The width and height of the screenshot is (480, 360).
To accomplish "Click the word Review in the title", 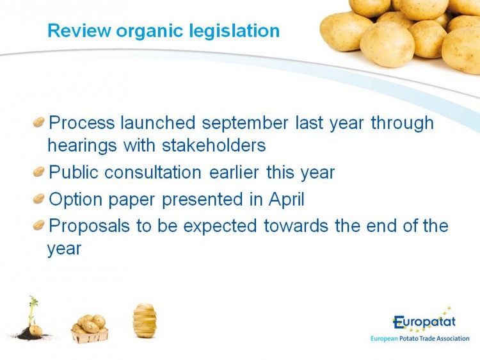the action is (79, 31).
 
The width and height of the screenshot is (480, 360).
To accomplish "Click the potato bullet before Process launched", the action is (39, 122).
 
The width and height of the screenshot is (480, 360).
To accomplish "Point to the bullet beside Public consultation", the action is (39, 171).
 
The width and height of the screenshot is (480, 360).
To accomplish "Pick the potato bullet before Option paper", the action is (39, 199).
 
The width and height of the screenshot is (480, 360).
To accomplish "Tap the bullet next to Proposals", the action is (39, 225).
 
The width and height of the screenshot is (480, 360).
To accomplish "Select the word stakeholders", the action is (214, 145).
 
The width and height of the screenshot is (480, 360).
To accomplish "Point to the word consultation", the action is (153, 172).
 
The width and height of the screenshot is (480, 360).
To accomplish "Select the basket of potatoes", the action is (90, 329).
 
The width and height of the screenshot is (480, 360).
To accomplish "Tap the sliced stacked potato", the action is (145, 320).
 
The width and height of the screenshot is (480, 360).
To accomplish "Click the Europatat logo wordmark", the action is (424, 322).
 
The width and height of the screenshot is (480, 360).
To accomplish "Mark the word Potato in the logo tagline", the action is (409, 339).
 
